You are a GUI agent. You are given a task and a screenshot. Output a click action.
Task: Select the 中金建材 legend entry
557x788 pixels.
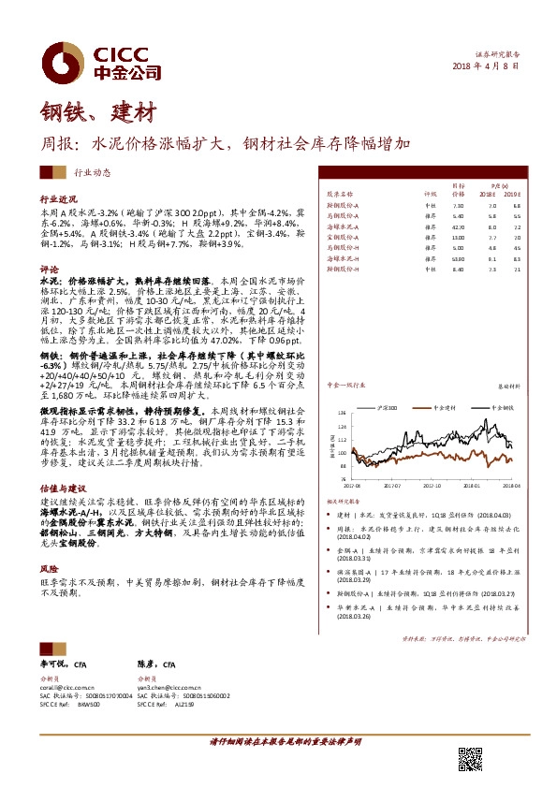pos(441,409)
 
